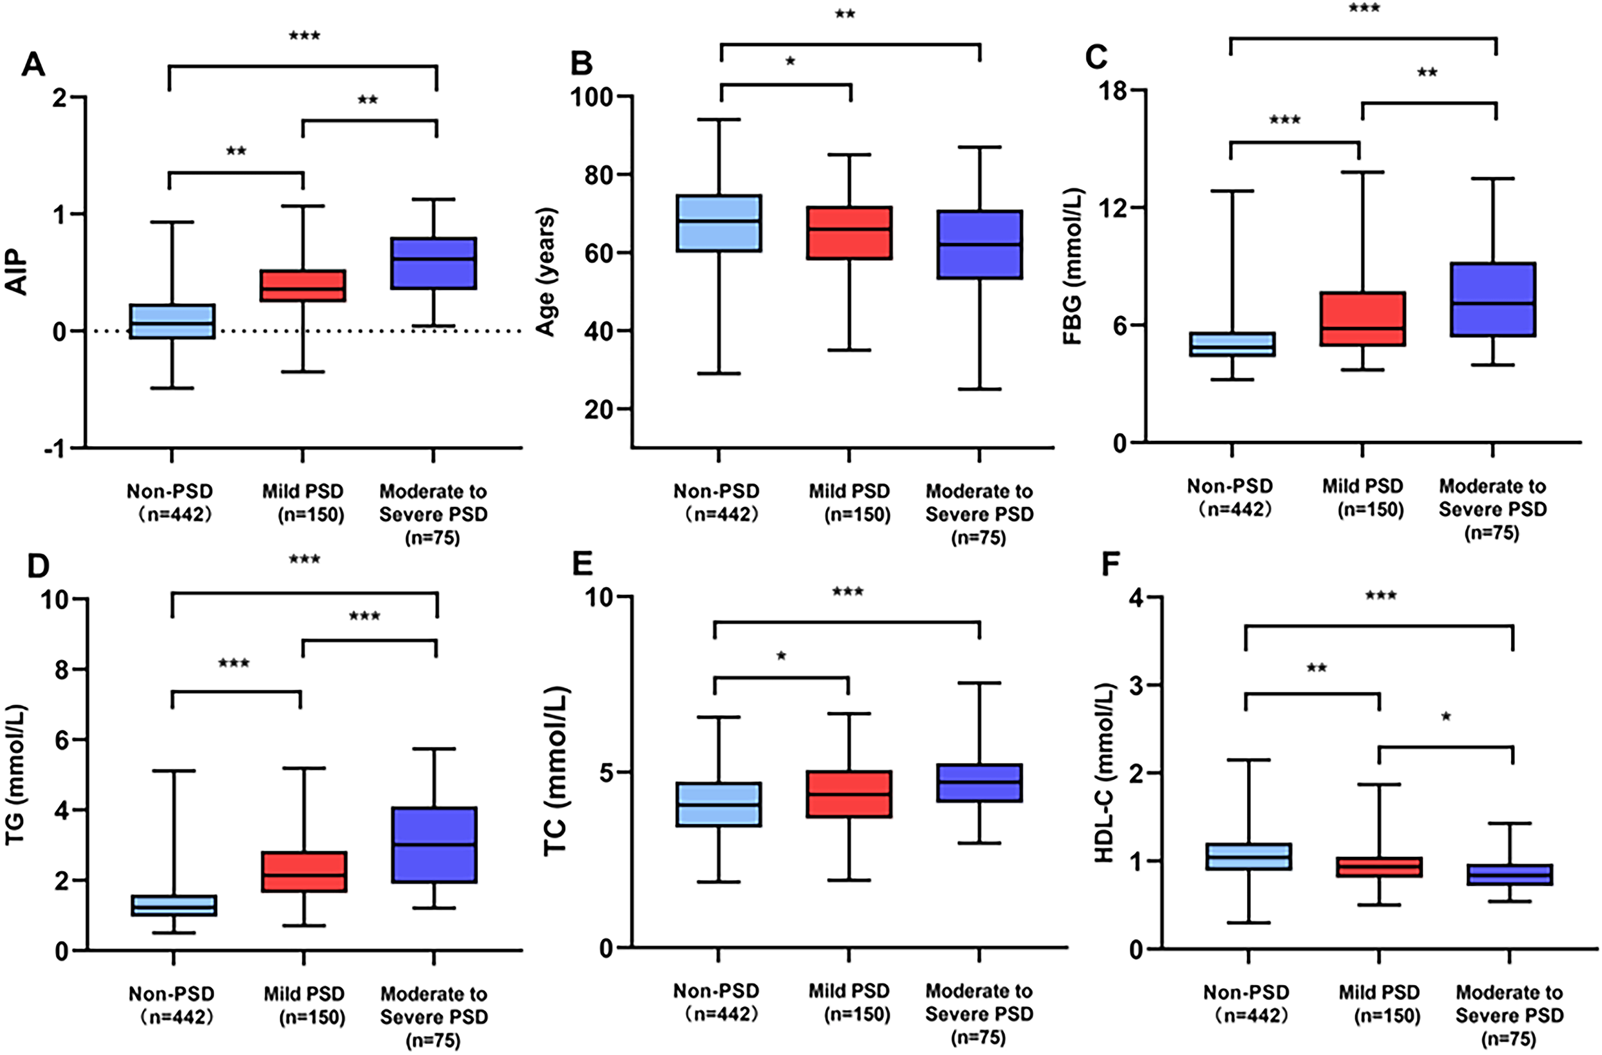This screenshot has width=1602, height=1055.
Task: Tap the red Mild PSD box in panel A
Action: (x=303, y=285)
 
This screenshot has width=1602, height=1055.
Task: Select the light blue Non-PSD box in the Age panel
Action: (x=719, y=223)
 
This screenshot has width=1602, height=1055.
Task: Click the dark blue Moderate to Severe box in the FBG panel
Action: (x=1492, y=299)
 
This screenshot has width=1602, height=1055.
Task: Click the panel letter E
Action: (x=582, y=564)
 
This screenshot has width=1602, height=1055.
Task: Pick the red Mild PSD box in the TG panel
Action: (x=304, y=871)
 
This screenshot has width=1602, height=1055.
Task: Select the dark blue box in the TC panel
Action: (x=979, y=783)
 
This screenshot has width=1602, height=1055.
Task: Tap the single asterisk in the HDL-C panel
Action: (x=1445, y=718)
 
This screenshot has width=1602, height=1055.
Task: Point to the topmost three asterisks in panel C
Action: (x=1364, y=9)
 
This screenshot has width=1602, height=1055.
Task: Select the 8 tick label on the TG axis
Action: (x=59, y=669)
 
